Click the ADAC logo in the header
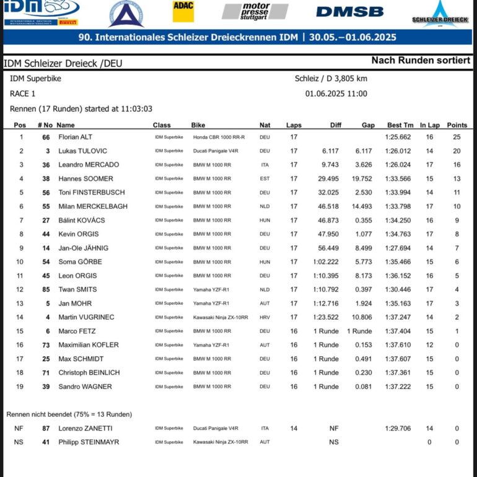click(183, 12)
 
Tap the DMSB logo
click(349, 12)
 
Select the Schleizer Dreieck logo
click(441, 14)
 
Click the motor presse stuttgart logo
click(255, 11)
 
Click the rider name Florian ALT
click(75, 137)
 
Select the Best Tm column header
click(400, 125)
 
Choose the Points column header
click(457, 125)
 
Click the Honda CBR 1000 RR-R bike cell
click(219, 137)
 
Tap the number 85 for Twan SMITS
click(46, 289)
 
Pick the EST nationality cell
click(265, 179)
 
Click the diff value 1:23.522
click(326, 317)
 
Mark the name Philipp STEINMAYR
click(89, 442)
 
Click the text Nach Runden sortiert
click(420, 61)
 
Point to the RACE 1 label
click(23, 94)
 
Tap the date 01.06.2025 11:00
click(336, 94)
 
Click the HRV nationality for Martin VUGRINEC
click(265, 317)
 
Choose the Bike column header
click(198, 125)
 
